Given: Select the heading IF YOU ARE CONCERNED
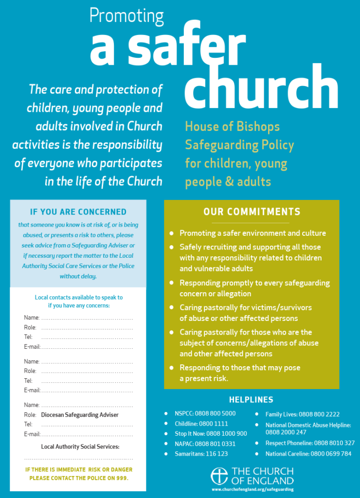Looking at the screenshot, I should point(78,212).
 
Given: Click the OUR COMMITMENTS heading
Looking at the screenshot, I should point(252,212).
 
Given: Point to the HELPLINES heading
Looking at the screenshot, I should point(251,400).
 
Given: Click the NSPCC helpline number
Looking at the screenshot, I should point(219,414).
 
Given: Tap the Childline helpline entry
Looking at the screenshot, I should point(201,424).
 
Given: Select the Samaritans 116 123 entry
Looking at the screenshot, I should point(201,454).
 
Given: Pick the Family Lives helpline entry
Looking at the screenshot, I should point(302,414).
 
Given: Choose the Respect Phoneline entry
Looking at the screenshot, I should point(310,443).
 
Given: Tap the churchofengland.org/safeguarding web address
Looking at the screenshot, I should point(252,489).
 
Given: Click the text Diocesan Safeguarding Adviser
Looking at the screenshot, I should point(80,415).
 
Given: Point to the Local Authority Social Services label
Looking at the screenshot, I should point(80,446).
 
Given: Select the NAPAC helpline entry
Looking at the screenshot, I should point(205,444).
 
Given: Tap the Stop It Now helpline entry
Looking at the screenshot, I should point(211,433).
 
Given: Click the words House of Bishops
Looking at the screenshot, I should point(232,127).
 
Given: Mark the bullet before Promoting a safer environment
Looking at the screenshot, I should point(171,233).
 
